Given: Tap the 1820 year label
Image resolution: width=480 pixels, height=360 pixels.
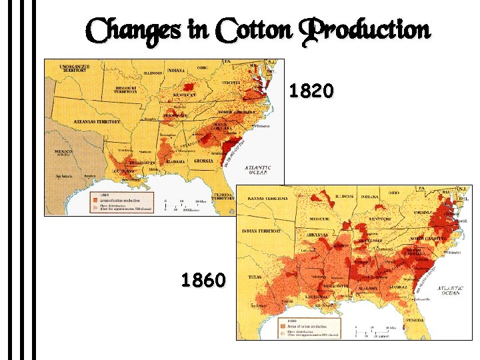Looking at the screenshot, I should pyautogui.click(x=312, y=91).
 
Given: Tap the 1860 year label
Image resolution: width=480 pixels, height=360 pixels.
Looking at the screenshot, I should pyautogui.click(x=203, y=281).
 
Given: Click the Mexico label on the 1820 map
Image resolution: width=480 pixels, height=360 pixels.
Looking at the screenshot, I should pyautogui.click(x=63, y=153).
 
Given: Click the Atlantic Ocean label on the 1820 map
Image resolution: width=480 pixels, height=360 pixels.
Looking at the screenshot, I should pyautogui.click(x=257, y=169).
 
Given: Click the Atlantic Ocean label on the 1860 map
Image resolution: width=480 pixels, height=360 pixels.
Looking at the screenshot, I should pyautogui.click(x=450, y=291).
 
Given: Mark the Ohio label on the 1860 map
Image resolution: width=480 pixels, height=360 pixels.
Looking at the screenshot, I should pyautogui.click(x=395, y=193).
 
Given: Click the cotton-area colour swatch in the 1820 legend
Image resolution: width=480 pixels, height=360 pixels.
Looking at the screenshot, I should pyautogui.click(x=96, y=199).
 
